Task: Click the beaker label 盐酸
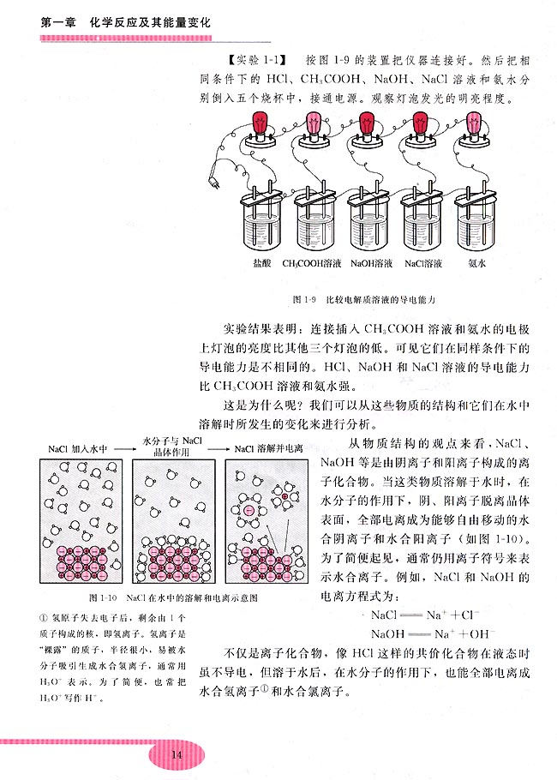(263, 264)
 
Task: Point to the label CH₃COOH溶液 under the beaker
(312, 264)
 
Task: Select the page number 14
(177, 754)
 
